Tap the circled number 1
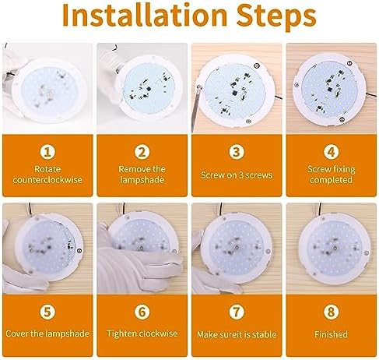[x=47, y=152]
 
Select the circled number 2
[x=142, y=152]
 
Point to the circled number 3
[x=237, y=152]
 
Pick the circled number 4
[x=331, y=152]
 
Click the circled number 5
[x=47, y=312]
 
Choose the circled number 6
[x=142, y=312]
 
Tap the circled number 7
[x=237, y=312]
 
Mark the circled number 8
[x=331, y=312]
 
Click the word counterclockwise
[x=47, y=180]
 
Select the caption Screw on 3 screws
[x=237, y=175]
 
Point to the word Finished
[x=331, y=334]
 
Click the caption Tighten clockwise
[x=142, y=334]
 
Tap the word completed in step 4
[x=331, y=180]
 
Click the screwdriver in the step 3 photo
[x=196, y=108]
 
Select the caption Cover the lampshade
[x=47, y=334]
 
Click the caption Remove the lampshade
[x=142, y=175]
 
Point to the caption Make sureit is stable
[x=237, y=334]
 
